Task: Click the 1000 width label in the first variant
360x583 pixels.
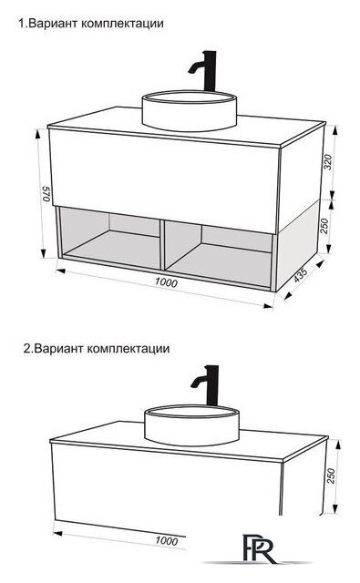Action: [165, 282]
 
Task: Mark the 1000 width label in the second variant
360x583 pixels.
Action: [165, 541]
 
